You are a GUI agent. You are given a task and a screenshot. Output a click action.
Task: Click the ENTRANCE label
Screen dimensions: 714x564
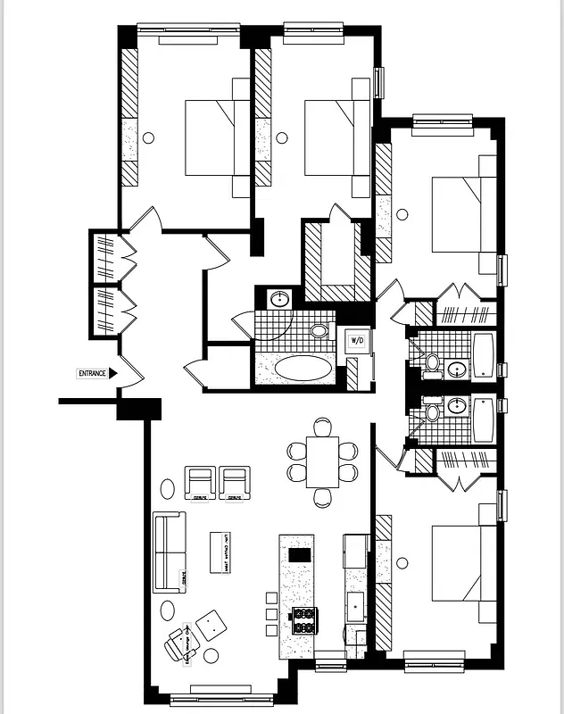91,374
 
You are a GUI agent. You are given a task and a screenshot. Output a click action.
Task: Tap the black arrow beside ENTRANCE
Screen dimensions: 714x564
113,374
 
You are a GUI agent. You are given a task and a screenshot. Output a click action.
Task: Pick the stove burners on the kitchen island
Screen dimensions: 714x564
304,619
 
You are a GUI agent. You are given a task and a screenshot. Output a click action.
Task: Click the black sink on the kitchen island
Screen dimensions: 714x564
301,554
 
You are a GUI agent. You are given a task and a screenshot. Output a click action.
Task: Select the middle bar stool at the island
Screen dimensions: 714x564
271,614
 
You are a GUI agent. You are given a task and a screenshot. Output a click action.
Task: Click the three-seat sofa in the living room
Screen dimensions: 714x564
168,552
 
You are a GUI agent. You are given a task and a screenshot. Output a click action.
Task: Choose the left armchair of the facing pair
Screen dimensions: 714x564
200,483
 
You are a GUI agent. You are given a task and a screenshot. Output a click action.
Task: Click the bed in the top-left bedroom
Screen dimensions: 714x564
218,137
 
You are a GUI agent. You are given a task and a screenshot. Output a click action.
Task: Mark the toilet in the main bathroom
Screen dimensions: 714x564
319,330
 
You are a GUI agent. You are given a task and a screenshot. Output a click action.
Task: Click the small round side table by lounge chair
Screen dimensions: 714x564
211,656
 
